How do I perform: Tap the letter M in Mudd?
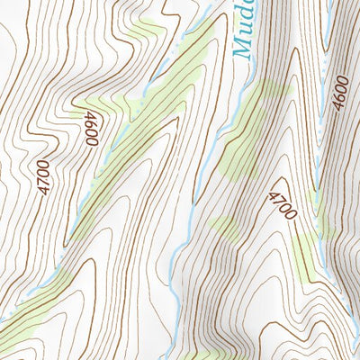point(243,49)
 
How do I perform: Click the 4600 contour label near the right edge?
point(339,94)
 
